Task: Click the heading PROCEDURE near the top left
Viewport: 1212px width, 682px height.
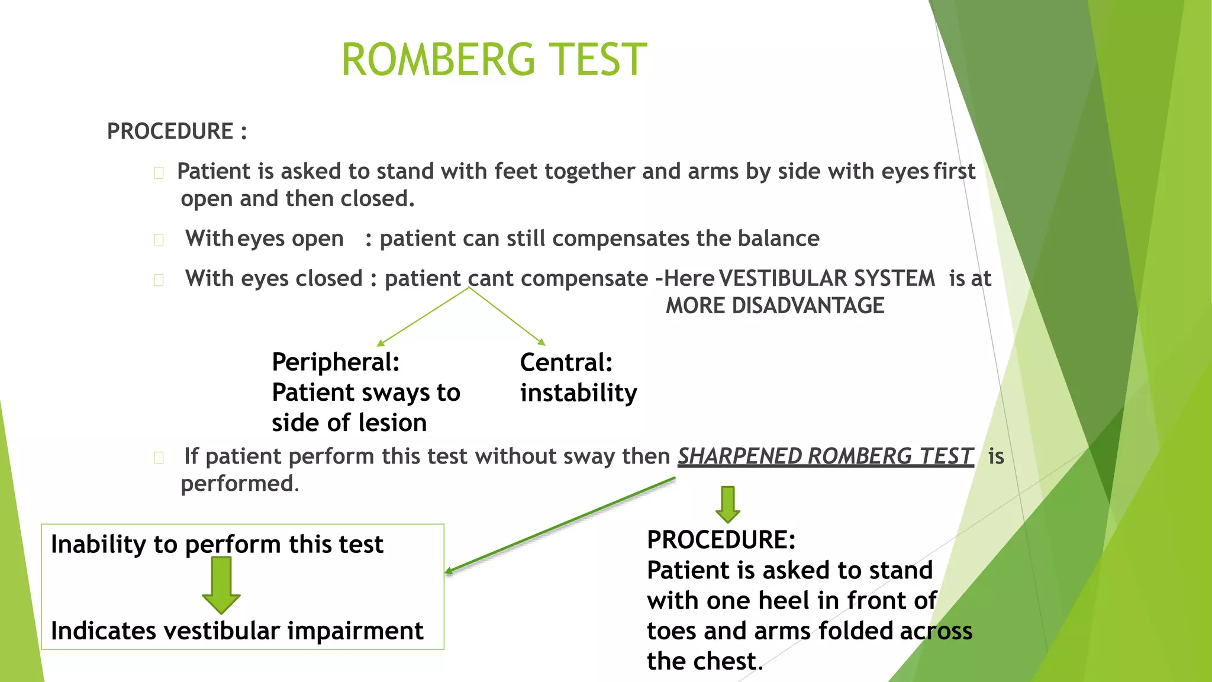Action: click(170, 131)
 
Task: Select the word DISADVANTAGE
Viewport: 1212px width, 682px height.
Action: click(808, 305)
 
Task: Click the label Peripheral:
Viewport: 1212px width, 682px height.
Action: click(336, 362)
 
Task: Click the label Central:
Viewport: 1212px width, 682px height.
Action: click(566, 362)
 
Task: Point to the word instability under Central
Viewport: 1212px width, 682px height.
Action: click(578, 393)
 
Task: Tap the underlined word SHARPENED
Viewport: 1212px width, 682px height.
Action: click(740, 456)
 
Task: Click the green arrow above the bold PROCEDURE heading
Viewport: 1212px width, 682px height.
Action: click(728, 504)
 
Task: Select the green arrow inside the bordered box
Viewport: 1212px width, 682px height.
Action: click(221, 585)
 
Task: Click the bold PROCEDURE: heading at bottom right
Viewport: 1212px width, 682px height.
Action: click(721, 540)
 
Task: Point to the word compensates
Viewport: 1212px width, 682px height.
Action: click(620, 239)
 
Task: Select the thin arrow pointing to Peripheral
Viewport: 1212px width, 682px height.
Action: click(423, 317)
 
